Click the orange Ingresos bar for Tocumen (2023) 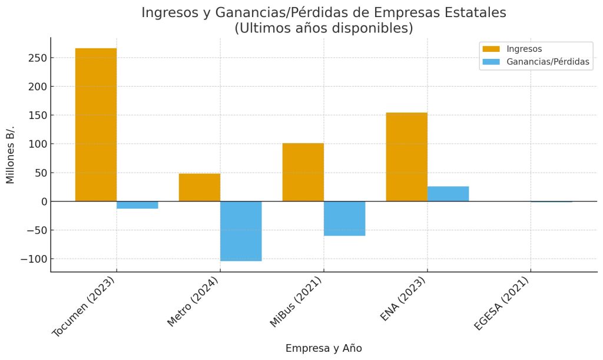pyautogui.click(x=96, y=124)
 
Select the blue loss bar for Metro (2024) pyautogui.click(x=241, y=231)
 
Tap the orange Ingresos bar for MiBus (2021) pyautogui.click(x=303, y=172)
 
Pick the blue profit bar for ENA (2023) pyautogui.click(x=448, y=194)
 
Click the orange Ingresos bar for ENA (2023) pyautogui.click(x=406, y=157)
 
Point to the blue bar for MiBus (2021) pyautogui.click(x=344, y=219)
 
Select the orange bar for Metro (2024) pyautogui.click(x=200, y=187)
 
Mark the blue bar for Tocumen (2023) pyautogui.click(x=137, y=205)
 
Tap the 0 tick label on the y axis pyautogui.click(x=42, y=202)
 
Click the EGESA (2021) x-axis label pyautogui.click(x=502, y=304)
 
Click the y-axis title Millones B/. pyautogui.click(x=11, y=154)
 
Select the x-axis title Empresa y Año pyautogui.click(x=323, y=348)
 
